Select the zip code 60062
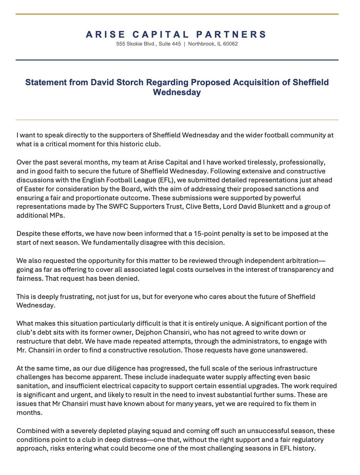point(230,44)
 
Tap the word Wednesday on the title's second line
point(177,93)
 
